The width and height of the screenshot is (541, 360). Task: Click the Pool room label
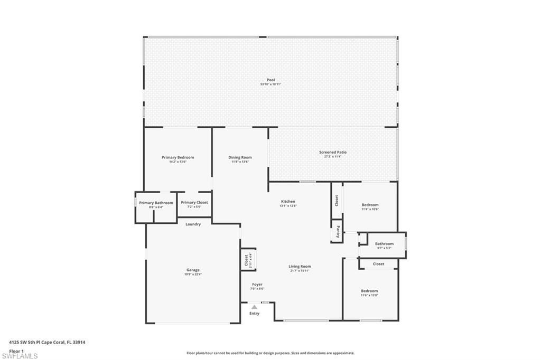point(270,80)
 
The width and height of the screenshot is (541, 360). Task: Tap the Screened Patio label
point(332,152)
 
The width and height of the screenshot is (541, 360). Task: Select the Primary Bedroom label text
point(178,157)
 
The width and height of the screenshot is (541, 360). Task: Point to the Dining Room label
point(240,157)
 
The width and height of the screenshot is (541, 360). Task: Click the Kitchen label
point(288,201)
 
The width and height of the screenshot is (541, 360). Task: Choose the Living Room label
point(300,267)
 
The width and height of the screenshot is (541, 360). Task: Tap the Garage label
point(192,270)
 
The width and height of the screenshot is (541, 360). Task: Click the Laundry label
point(193,224)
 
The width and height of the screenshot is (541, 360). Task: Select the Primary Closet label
point(194,202)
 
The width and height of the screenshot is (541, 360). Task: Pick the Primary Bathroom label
point(156,203)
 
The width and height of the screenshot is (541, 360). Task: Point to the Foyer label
point(257,285)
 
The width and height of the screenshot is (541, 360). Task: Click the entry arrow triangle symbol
point(254,306)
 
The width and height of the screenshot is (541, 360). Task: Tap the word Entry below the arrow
point(255,313)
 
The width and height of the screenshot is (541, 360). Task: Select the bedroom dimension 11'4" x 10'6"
point(370,209)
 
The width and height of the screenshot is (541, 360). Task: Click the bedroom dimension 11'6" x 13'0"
point(369,295)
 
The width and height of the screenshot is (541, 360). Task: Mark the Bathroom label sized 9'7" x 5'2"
point(384,243)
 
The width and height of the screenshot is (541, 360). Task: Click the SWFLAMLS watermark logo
point(20,355)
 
